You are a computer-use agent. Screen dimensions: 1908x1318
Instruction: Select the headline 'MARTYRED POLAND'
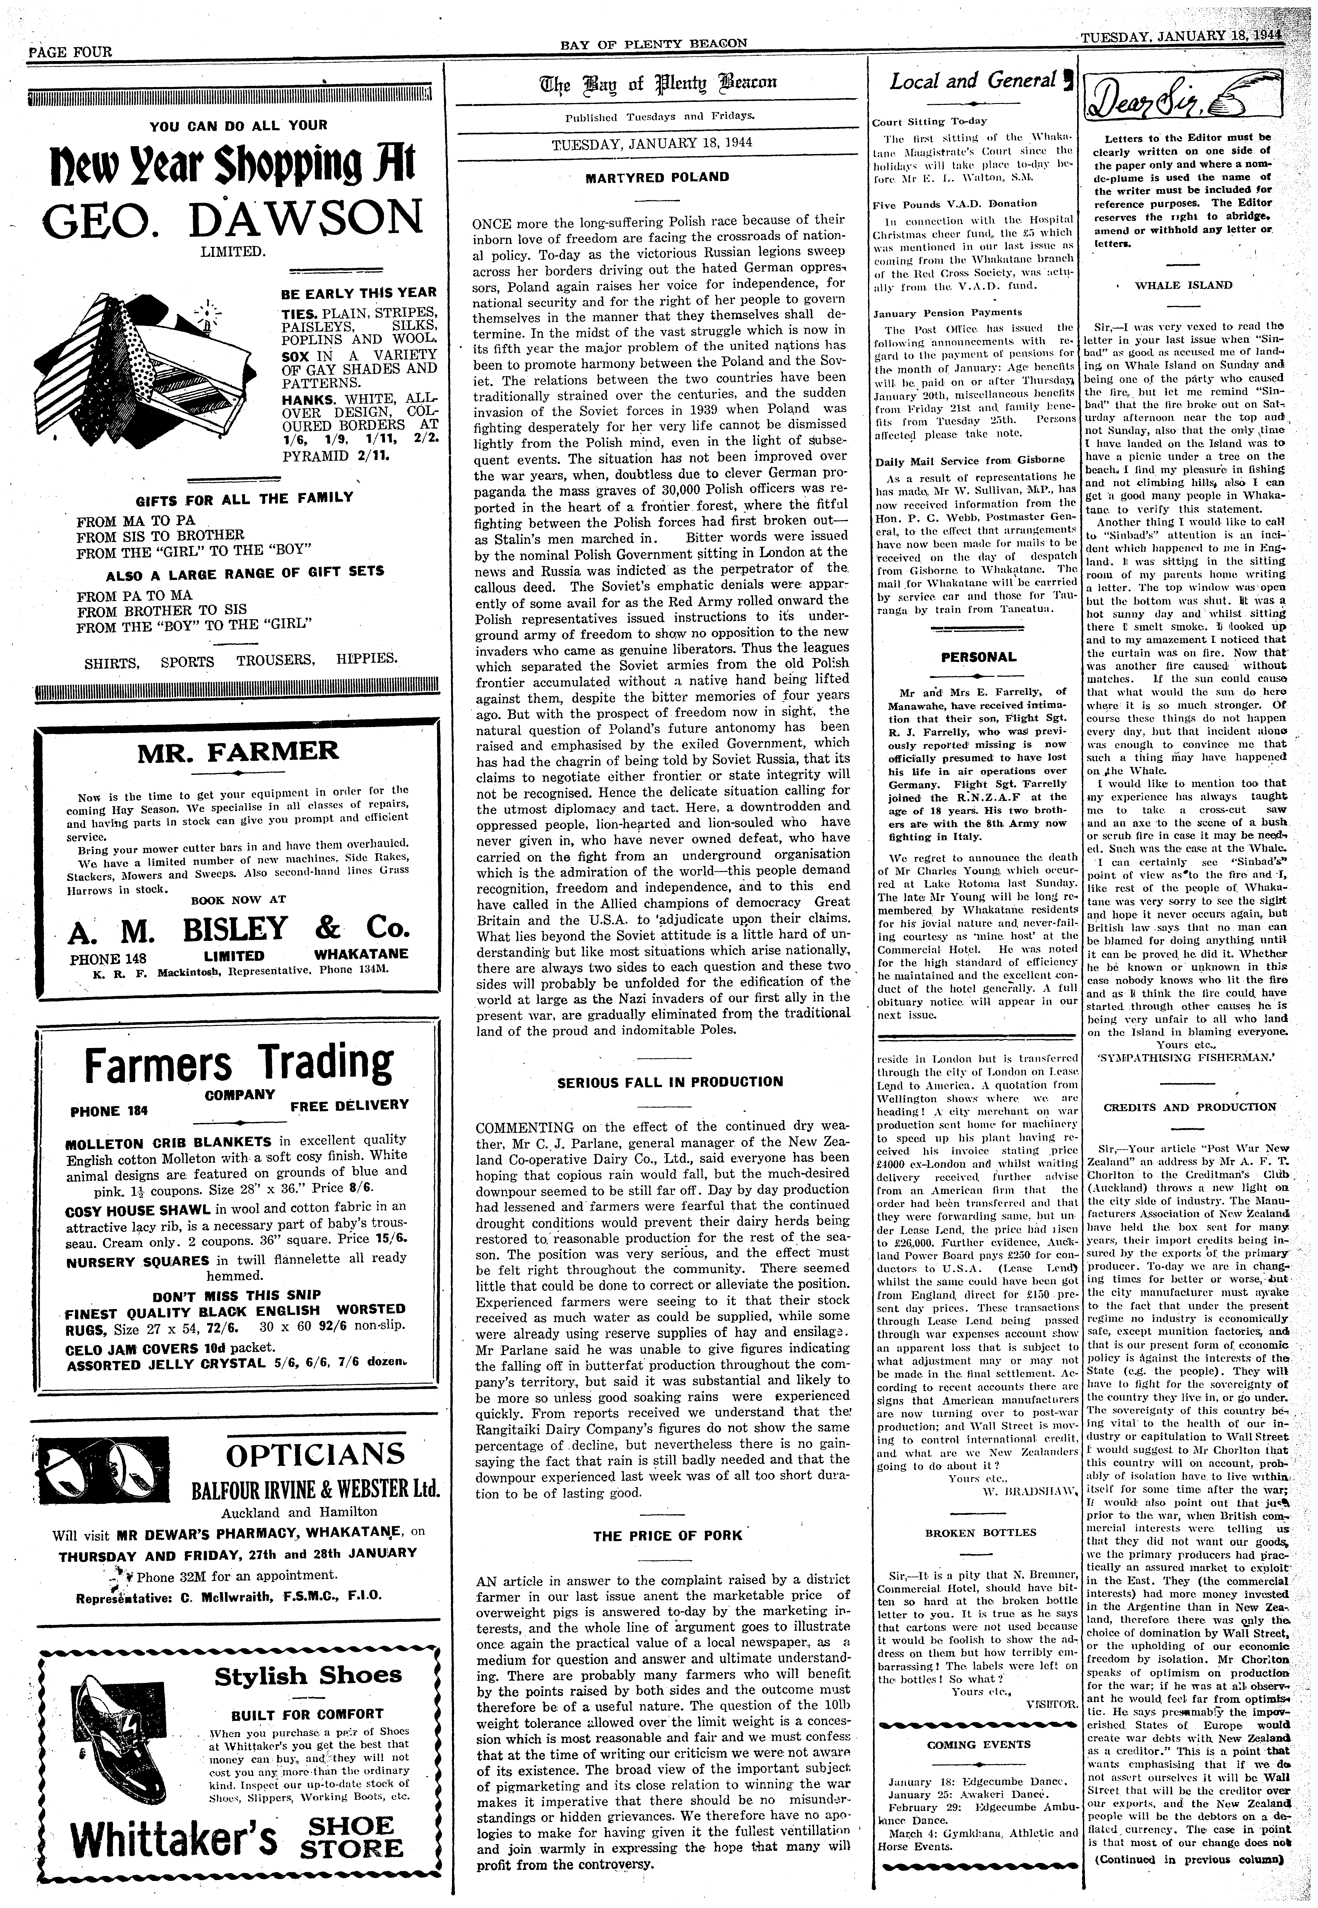coord(657,177)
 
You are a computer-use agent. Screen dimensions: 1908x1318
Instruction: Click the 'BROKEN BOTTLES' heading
coord(980,1532)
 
